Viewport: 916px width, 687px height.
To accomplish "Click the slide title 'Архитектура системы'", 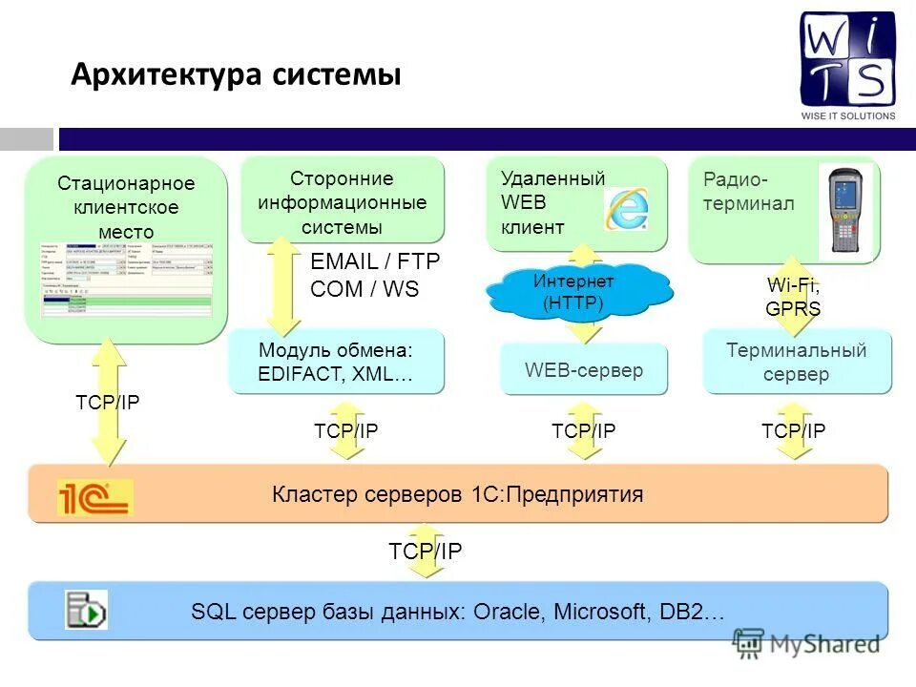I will (236, 74).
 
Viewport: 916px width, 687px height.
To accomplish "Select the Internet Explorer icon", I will (626, 209).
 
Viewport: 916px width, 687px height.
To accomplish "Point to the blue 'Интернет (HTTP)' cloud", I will (573, 292).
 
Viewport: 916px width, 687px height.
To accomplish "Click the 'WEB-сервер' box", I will (584, 369).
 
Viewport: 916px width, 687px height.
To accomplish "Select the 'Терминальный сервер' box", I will (797, 362).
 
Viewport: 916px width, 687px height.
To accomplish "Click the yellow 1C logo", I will (94, 496).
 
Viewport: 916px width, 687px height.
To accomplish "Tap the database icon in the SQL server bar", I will (86, 610).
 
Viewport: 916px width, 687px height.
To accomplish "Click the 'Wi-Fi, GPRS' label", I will (793, 297).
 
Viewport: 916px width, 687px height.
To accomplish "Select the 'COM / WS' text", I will (364, 289).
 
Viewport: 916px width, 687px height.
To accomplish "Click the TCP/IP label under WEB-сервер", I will (584, 431).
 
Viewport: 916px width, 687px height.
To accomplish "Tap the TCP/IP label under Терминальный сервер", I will (794, 431).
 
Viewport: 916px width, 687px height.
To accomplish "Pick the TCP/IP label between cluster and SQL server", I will (425, 551).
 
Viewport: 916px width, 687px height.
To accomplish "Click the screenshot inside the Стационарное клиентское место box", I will (127, 279).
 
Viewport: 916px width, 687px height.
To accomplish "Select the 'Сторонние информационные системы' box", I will (343, 202).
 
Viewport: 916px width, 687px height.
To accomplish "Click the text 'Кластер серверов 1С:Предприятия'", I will (458, 494).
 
